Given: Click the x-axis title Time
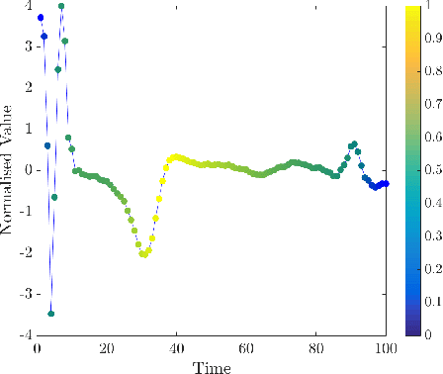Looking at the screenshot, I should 212,367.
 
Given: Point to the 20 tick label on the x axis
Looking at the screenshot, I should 107,348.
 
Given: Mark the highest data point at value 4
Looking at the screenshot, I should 61,6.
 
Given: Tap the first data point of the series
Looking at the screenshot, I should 41,18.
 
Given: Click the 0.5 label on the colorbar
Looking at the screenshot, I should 433,170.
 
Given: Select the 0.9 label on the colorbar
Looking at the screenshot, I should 433,40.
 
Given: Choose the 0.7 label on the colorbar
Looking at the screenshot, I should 433,105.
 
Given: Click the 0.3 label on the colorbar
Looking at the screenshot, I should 433,236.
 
